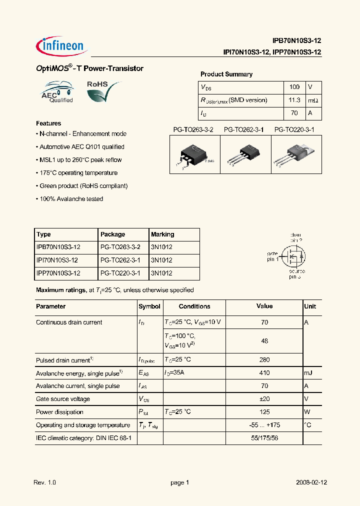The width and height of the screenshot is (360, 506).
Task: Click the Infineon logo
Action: pyautogui.click(x=62, y=45)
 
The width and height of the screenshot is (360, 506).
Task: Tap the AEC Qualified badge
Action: pyautogui.click(x=57, y=92)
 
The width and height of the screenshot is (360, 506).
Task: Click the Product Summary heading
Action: pyautogui.click(x=226, y=74)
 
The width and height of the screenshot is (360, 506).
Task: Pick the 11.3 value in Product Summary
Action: pyautogui.click(x=294, y=100)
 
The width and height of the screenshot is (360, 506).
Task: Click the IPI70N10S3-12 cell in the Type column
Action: pyautogui.click(x=58, y=260)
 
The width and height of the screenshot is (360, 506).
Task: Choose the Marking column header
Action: pyautogui.click(x=162, y=234)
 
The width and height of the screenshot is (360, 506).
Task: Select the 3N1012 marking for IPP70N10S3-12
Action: pyautogui.click(x=161, y=273)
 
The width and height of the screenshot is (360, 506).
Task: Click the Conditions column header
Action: pyautogui.click(x=194, y=306)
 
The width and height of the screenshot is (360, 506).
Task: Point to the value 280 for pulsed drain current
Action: pyautogui.click(x=264, y=360)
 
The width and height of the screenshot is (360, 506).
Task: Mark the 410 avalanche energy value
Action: pyautogui.click(x=264, y=373)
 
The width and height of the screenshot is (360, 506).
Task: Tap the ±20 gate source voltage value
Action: pyautogui.click(x=264, y=399)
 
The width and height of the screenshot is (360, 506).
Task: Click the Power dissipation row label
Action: pyautogui.click(x=59, y=412)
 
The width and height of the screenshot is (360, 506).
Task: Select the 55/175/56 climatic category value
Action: pyautogui.click(x=264, y=438)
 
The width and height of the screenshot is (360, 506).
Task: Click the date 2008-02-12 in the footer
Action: pyautogui.click(x=311, y=483)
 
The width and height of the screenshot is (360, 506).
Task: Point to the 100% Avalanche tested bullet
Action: pyautogui.click(x=70, y=199)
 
